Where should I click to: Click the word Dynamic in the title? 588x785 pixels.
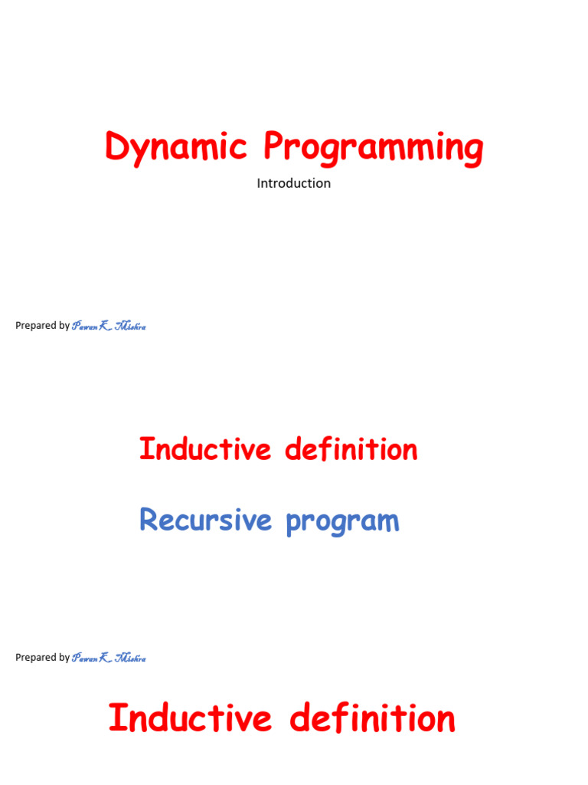pyautogui.click(x=176, y=147)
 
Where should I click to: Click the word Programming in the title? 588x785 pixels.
pyautogui.click(x=374, y=147)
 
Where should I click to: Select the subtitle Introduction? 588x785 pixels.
pyautogui.click(x=294, y=183)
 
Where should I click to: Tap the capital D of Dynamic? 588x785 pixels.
pyautogui.click(x=116, y=146)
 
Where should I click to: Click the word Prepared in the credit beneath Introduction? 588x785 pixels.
pyautogui.click(x=36, y=326)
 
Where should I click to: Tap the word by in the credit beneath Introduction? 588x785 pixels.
pyautogui.click(x=64, y=326)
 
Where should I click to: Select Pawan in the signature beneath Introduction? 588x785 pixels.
pyautogui.click(x=84, y=327)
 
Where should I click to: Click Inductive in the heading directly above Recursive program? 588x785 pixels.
pyautogui.click(x=205, y=449)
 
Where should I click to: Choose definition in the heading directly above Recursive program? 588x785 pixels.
pyautogui.click(x=351, y=449)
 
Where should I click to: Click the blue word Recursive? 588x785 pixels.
pyautogui.click(x=206, y=521)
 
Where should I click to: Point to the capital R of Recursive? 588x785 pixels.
pyautogui.click(x=149, y=520)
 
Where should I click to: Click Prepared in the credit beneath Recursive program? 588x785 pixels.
pyautogui.click(x=36, y=658)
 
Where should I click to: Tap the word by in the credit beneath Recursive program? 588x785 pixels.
pyautogui.click(x=64, y=658)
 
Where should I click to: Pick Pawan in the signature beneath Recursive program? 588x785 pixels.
pyautogui.click(x=84, y=659)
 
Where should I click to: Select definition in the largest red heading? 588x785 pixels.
pyautogui.click(x=373, y=719)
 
